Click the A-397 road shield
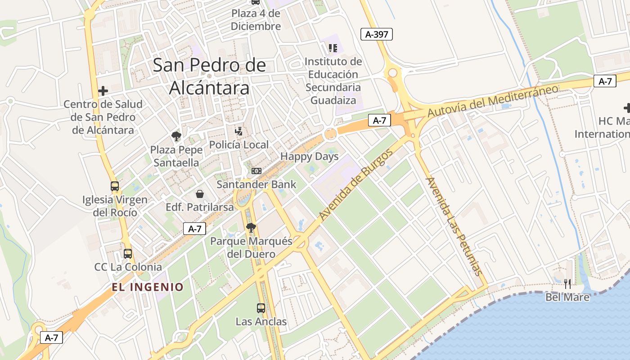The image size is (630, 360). pos(377,34)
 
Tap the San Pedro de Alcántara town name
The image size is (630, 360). pos(209,76)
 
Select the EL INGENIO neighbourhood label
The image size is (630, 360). pos(148,287)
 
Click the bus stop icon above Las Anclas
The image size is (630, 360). pos(261,308)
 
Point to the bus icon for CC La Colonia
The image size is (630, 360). pos(128,254)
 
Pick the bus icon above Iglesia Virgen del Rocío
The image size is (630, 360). pos(115,186)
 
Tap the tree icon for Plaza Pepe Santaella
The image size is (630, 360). pos(176,136)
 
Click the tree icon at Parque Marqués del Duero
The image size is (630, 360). pos(251,228)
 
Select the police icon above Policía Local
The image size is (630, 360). pos(239,131)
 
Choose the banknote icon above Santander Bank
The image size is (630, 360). pos(256,171)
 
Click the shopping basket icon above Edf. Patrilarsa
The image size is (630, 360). pos(200,194)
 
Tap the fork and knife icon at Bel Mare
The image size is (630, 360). pos(567,284)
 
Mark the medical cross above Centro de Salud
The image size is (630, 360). pos(103,91)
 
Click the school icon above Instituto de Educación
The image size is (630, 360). pos(333,48)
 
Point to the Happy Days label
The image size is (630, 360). pos(309,157)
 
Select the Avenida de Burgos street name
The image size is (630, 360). pos(356,184)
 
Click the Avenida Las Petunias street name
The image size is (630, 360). pos(454,226)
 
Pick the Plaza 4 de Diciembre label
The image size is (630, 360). pos(256,20)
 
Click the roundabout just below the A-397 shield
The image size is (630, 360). pos(393,73)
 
